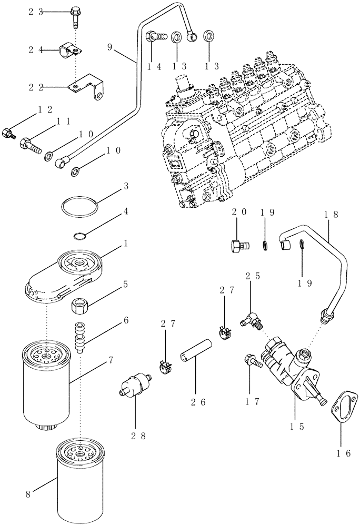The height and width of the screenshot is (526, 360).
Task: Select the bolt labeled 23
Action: click(x=75, y=15)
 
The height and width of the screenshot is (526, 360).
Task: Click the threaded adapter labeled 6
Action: click(x=81, y=339)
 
